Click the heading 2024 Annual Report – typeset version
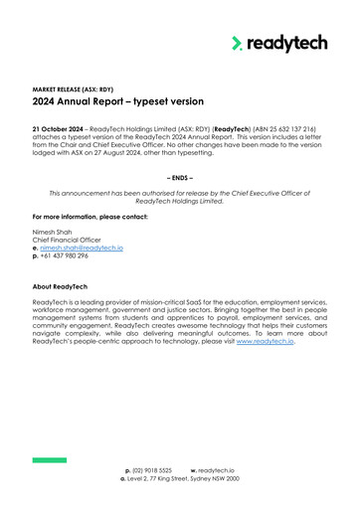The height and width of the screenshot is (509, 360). pyautogui.click(x=118, y=101)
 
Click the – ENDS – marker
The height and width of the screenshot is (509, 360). pyautogui.click(x=179, y=178)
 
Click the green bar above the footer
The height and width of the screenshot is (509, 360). pyautogui.click(x=49, y=459)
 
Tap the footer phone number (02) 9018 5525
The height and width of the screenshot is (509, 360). pyautogui.click(x=150, y=469)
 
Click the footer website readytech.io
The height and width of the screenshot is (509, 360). pyautogui.click(x=216, y=469)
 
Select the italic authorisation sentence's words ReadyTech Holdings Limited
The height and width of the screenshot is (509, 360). pyautogui.click(x=179, y=200)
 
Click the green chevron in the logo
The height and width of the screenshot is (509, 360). pyautogui.click(x=237, y=43)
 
